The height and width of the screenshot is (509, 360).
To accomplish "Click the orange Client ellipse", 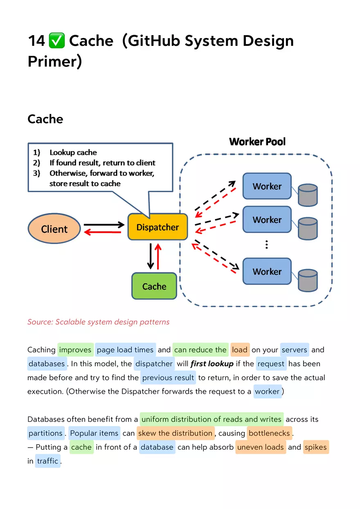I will (54, 229).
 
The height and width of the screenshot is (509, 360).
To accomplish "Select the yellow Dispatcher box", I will (157, 227).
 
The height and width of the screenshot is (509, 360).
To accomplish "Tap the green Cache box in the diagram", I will (154, 286).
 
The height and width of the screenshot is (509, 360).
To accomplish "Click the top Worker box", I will (267, 186).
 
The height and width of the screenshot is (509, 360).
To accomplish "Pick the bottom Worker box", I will (267, 271).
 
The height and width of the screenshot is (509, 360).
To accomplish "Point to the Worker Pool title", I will (257, 142).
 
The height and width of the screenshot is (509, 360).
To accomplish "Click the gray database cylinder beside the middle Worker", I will (308, 229).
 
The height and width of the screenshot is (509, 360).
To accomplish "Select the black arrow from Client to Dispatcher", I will (104, 224).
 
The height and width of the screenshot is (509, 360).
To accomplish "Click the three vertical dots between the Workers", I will (267, 244).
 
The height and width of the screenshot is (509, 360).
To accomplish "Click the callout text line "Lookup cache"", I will (73, 152).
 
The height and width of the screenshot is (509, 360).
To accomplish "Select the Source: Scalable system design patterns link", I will (98, 322).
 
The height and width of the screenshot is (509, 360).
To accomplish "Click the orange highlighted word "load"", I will (240, 350).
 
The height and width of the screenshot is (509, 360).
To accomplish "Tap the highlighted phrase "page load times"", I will (125, 350).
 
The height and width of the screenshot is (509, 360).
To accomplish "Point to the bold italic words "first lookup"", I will (212, 363).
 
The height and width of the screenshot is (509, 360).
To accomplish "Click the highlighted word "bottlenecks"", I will (269, 433).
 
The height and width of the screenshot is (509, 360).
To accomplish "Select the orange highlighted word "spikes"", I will (315, 447).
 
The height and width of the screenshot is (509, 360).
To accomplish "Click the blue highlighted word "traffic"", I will (47, 461).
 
